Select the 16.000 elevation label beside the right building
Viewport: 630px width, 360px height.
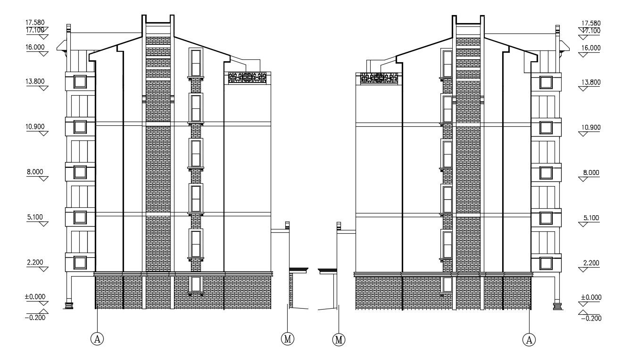591,48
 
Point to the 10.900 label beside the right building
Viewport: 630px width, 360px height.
591,127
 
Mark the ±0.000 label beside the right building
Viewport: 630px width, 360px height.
590,297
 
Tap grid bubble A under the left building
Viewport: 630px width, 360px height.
97,339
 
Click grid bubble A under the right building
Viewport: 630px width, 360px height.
530,339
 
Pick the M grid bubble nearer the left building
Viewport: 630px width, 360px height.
288,339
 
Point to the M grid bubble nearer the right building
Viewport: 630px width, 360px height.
339,339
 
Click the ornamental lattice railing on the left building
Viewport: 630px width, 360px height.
247,78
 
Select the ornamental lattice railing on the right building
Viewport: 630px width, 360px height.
379,78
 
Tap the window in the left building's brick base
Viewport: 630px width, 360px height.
196,284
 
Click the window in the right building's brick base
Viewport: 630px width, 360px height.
447,284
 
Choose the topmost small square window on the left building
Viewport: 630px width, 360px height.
79,82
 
